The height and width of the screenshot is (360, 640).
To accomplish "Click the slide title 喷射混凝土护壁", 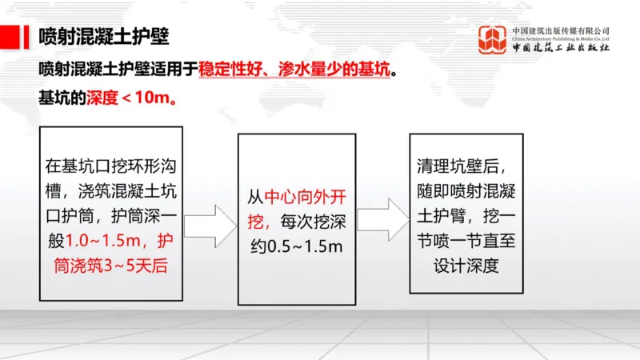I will pyautogui.click(x=103, y=38).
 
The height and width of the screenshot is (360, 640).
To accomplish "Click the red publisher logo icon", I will pyautogui.click(x=492, y=40).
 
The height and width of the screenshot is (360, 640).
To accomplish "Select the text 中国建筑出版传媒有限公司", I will pyautogui.click(x=561, y=30).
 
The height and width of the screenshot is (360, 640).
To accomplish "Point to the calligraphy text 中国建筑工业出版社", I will pyautogui.click(x=561, y=48).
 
